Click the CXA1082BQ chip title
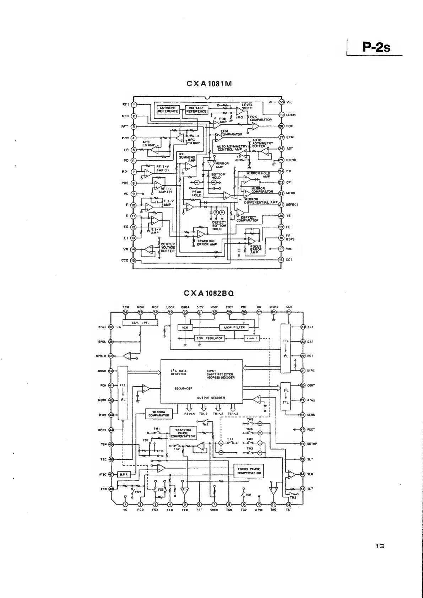click(209, 293)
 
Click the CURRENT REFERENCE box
click(168, 109)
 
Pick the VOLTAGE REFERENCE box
click(196, 109)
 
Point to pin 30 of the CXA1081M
click(281, 102)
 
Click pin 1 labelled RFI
click(134, 104)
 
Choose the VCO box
click(185, 327)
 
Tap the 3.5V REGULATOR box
click(209, 338)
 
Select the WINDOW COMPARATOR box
click(158, 414)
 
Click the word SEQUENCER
click(184, 388)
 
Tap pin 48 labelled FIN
click(111, 489)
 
